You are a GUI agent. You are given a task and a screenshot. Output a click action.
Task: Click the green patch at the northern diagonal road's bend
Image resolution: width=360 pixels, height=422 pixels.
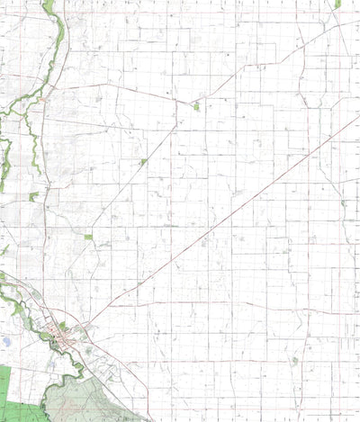tap(196, 107)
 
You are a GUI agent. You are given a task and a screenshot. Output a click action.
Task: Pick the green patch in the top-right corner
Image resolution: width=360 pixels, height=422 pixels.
tap(337, 4)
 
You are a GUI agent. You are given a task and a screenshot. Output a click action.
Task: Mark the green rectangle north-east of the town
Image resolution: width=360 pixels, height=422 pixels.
tap(88, 237)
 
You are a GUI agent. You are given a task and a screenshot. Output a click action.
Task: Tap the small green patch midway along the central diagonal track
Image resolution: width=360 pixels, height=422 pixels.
tap(143, 162)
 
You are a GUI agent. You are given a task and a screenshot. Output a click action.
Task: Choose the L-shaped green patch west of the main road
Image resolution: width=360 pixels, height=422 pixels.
tap(33, 196)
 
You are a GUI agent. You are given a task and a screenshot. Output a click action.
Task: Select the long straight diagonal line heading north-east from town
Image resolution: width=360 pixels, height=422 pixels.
tap(225, 217)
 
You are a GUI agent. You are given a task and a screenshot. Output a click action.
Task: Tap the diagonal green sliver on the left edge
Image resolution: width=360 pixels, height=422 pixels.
tap(4, 251)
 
